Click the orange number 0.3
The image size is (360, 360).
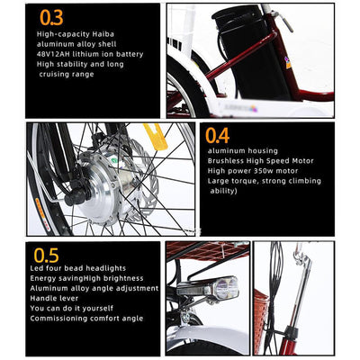pos(51,18)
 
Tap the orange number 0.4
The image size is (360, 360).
pos(218,136)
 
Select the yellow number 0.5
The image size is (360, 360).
pos(46,256)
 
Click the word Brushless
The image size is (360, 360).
pos(226,161)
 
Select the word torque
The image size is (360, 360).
pos(245,181)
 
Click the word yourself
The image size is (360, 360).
pos(98,309)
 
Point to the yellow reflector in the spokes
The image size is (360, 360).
pos(156,137)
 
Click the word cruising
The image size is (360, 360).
pos(53,75)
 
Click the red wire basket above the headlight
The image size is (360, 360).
pos(208,251)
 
